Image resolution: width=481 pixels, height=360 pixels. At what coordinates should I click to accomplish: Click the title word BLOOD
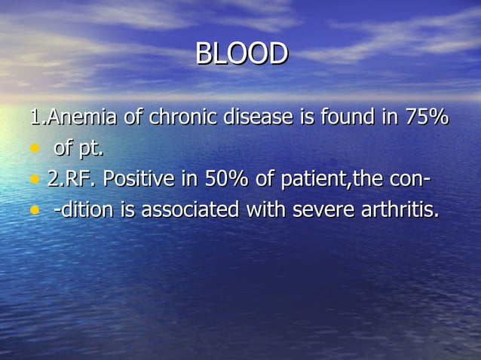[x=241, y=54]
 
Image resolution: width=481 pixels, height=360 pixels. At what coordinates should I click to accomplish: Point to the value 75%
[x=427, y=117]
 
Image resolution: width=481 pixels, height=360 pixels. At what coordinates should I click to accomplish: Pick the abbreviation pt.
[x=90, y=149]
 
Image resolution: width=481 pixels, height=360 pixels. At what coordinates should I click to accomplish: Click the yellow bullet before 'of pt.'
[x=33, y=149]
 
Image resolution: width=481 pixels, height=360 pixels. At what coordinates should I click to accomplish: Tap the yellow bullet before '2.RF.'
[x=33, y=181]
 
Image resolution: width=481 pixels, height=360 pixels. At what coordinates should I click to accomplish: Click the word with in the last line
[x=268, y=211]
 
